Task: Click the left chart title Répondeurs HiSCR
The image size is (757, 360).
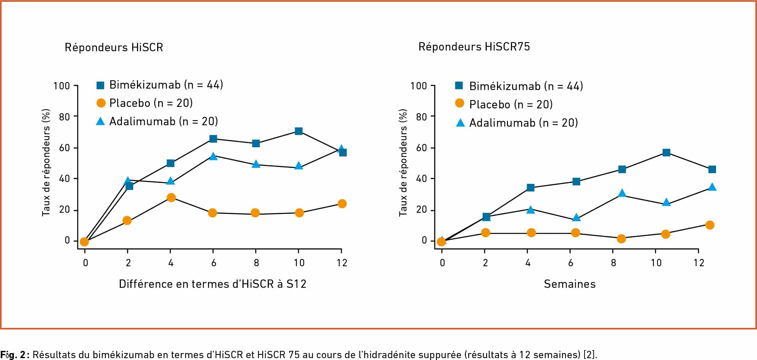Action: pyautogui.click(x=114, y=48)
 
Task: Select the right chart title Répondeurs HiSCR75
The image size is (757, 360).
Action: pyautogui.click(x=474, y=47)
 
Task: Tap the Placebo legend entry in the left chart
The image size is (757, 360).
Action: pyautogui.click(x=151, y=103)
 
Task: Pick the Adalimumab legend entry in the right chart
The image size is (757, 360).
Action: pyautogui.click(x=523, y=123)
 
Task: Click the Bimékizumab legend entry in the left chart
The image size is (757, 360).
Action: pyautogui.click(x=166, y=85)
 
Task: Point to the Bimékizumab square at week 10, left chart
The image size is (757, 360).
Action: pyautogui.click(x=299, y=131)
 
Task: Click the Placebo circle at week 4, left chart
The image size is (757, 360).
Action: pyautogui.click(x=171, y=198)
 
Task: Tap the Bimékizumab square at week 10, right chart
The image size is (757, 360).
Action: pyautogui.click(x=667, y=152)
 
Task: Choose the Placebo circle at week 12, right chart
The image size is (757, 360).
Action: pyautogui.click(x=710, y=225)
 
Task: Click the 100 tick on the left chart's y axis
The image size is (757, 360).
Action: pyautogui.click(x=62, y=86)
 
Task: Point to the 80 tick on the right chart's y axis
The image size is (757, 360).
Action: pyautogui.click(x=422, y=117)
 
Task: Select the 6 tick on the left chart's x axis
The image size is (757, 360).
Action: pyautogui.click(x=214, y=263)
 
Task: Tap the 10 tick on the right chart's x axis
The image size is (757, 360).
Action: pyautogui.click(x=656, y=263)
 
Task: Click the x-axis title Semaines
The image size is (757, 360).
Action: pyautogui.click(x=569, y=284)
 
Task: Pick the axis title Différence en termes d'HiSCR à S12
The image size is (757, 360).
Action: pyautogui.click(x=212, y=284)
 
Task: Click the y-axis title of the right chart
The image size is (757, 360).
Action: pyautogui.click(x=403, y=163)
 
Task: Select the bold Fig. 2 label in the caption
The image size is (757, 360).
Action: pyautogui.click(x=13, y=355)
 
